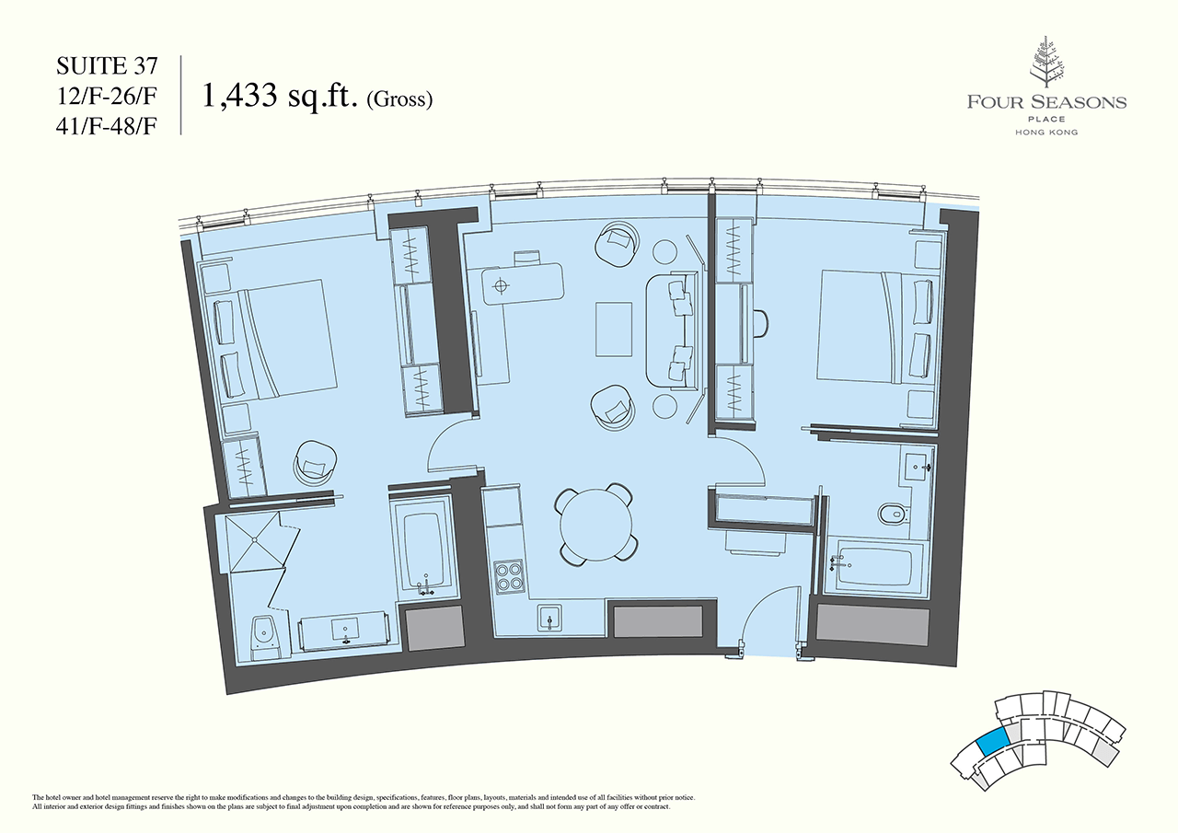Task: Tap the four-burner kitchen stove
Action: point(508,576)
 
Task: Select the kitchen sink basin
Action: point(549,618)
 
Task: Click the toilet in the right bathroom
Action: point(893,514)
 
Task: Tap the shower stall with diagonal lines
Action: point(255,542)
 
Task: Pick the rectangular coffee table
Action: point(614,330)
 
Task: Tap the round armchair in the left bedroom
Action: point(315,461)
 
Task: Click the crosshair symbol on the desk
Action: point(502,285)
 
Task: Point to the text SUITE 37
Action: point(107,65)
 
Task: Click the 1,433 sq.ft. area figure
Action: point(280,96)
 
